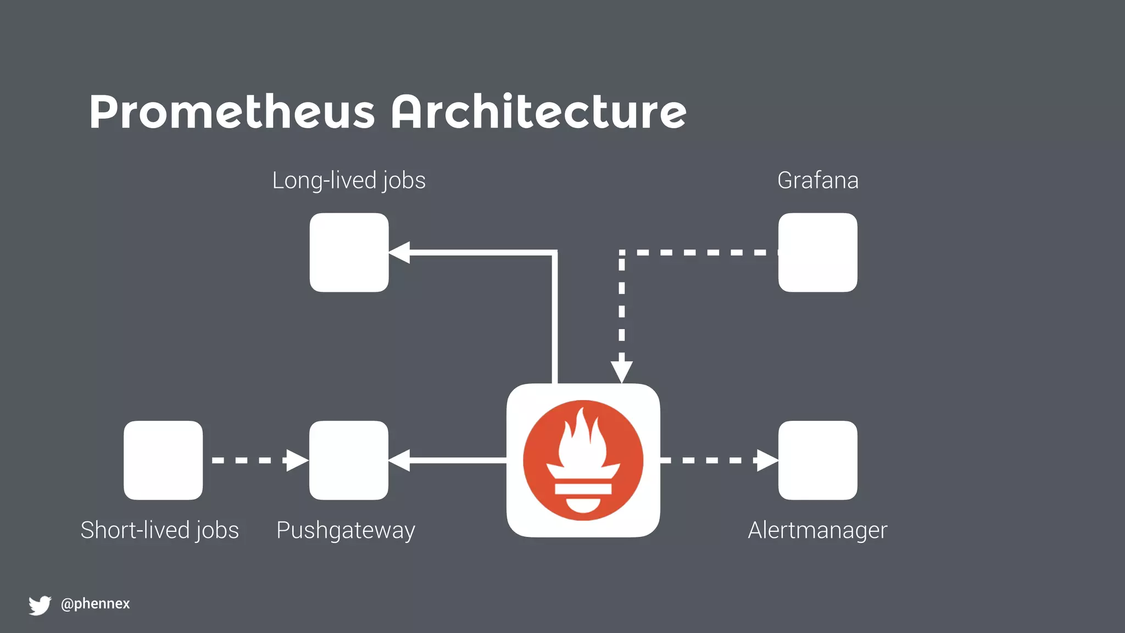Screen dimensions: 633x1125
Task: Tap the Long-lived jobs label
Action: (349, 180)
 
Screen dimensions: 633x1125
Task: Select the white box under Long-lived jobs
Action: (349, 252)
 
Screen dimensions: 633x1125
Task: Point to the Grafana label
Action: (817, 180)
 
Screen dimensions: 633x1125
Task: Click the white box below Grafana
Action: (817, 252)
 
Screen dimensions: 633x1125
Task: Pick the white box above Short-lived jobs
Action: (163, 460)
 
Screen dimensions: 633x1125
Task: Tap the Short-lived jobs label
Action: (159, 530)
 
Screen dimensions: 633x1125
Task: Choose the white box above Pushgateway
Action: (349, 460)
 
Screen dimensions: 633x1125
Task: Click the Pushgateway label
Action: (346, 530)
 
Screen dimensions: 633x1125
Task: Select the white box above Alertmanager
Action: (817, 460)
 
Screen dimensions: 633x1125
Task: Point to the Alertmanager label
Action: (817, 530)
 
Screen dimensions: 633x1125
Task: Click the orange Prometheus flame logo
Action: (583, 460)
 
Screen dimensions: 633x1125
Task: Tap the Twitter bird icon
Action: (40, 605)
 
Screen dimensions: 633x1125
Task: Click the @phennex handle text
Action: (95, 603)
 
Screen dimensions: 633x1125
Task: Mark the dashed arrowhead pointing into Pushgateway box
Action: (297, 460)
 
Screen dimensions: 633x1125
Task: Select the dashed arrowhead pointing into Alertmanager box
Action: (767, 460)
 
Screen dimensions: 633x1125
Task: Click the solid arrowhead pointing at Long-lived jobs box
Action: (400, 252)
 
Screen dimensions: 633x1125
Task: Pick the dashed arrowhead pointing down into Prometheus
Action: (621, 372)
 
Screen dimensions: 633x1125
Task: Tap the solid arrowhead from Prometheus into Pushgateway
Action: (400, 460)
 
